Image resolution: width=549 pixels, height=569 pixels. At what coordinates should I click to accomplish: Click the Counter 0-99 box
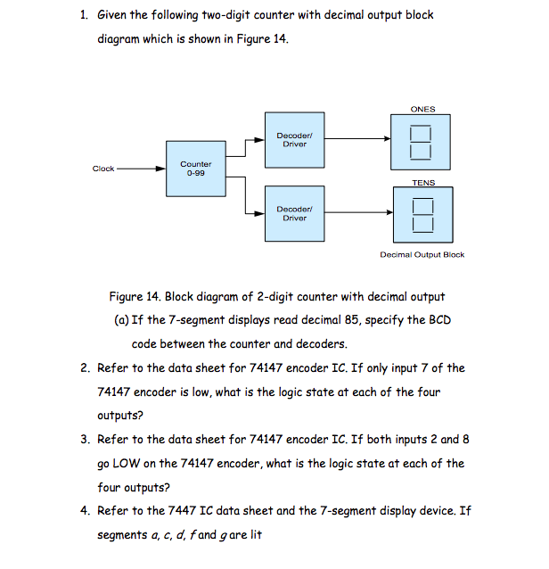point(195,169)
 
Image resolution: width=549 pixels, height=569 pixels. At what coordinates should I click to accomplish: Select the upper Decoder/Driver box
point(294,139)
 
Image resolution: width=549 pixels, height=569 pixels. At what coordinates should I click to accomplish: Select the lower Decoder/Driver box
point(294,212)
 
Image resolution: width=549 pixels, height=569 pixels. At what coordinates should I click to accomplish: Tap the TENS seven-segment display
point(422,215)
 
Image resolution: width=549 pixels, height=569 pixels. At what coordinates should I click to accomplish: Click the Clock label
point(103,169)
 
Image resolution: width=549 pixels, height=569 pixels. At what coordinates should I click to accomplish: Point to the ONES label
point(422,110)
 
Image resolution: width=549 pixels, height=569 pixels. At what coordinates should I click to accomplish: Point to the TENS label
point(422,183)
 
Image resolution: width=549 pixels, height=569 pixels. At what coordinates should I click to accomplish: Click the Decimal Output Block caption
point(422,254)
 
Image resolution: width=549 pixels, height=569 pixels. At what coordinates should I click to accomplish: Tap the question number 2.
point(83,367)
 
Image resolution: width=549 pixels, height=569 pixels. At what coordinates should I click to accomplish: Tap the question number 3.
point(83,439)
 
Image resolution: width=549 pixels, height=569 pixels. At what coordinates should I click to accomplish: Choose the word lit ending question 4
point(252,535)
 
